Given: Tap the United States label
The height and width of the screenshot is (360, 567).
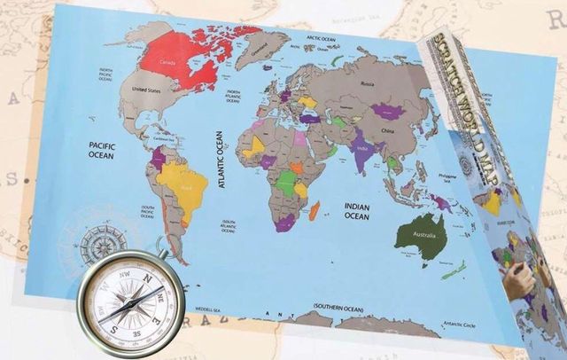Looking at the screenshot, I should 148,90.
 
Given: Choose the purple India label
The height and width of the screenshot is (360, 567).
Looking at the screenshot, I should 362,149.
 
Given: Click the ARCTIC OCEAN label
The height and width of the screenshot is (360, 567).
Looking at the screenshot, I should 323,38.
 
